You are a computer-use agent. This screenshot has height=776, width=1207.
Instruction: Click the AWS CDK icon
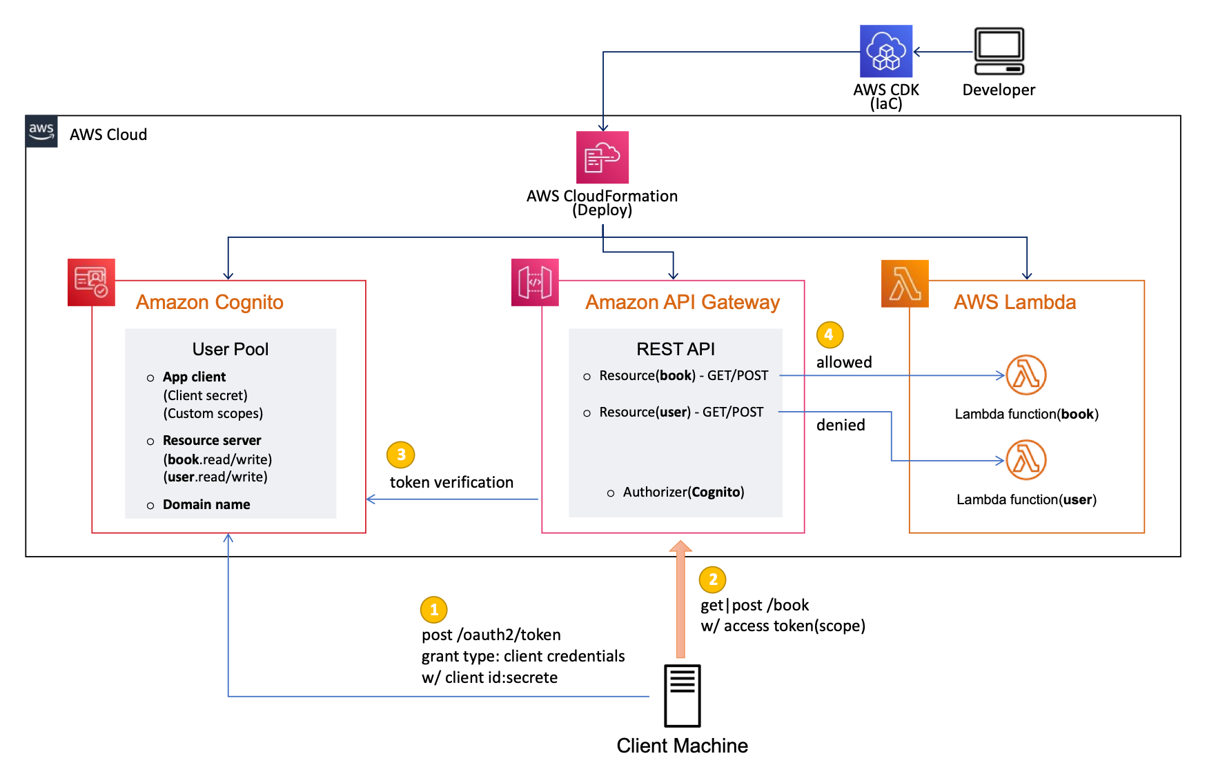(886, 51)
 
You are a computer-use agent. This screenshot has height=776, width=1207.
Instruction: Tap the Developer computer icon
(999, 51)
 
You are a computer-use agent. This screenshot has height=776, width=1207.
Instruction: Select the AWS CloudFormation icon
(602, 157)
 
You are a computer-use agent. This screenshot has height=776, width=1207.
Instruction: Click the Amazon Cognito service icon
(91, 282)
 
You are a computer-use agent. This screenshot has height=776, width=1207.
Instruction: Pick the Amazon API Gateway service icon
(535, 282)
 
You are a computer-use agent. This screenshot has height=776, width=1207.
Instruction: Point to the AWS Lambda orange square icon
(905, 283)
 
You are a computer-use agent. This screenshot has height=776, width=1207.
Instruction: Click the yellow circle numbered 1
(434, 610)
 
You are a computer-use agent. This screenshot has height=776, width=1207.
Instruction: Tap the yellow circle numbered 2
(713, 580)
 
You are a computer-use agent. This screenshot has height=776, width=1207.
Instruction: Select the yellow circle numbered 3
(401, 455)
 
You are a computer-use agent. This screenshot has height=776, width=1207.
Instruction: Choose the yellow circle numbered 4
(830, 335)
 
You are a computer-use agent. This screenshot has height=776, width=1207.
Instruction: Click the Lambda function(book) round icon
(1026, 375)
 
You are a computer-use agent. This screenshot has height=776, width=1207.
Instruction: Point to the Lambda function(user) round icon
(1026, 460)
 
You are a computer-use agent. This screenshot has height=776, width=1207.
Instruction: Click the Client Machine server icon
(682, 696)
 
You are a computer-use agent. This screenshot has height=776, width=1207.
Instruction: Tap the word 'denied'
(841, 426)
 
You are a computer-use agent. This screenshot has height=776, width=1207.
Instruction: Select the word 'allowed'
(844, 363)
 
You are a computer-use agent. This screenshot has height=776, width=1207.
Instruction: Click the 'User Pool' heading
(230, 350)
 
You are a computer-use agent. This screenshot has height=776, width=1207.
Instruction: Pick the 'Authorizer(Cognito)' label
(683, 493)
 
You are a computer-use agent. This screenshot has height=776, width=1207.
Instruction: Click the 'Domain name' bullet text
(206, 505)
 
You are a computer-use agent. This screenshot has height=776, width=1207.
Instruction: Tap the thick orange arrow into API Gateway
(680, 600)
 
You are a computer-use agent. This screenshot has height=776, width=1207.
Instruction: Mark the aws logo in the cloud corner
(41, 131)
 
